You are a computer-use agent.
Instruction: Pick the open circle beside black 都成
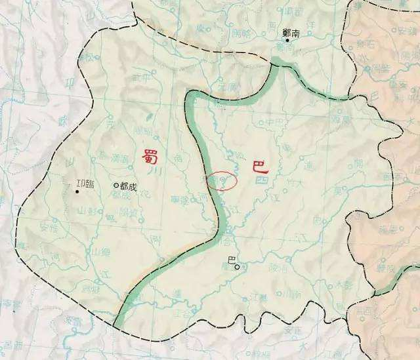pos(115,186)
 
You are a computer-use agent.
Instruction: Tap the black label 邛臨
pos(85,184)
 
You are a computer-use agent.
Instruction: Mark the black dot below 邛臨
pos(77,192)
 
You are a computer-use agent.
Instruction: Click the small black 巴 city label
pos(230,261)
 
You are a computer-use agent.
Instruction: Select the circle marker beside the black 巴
pos(238,266)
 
